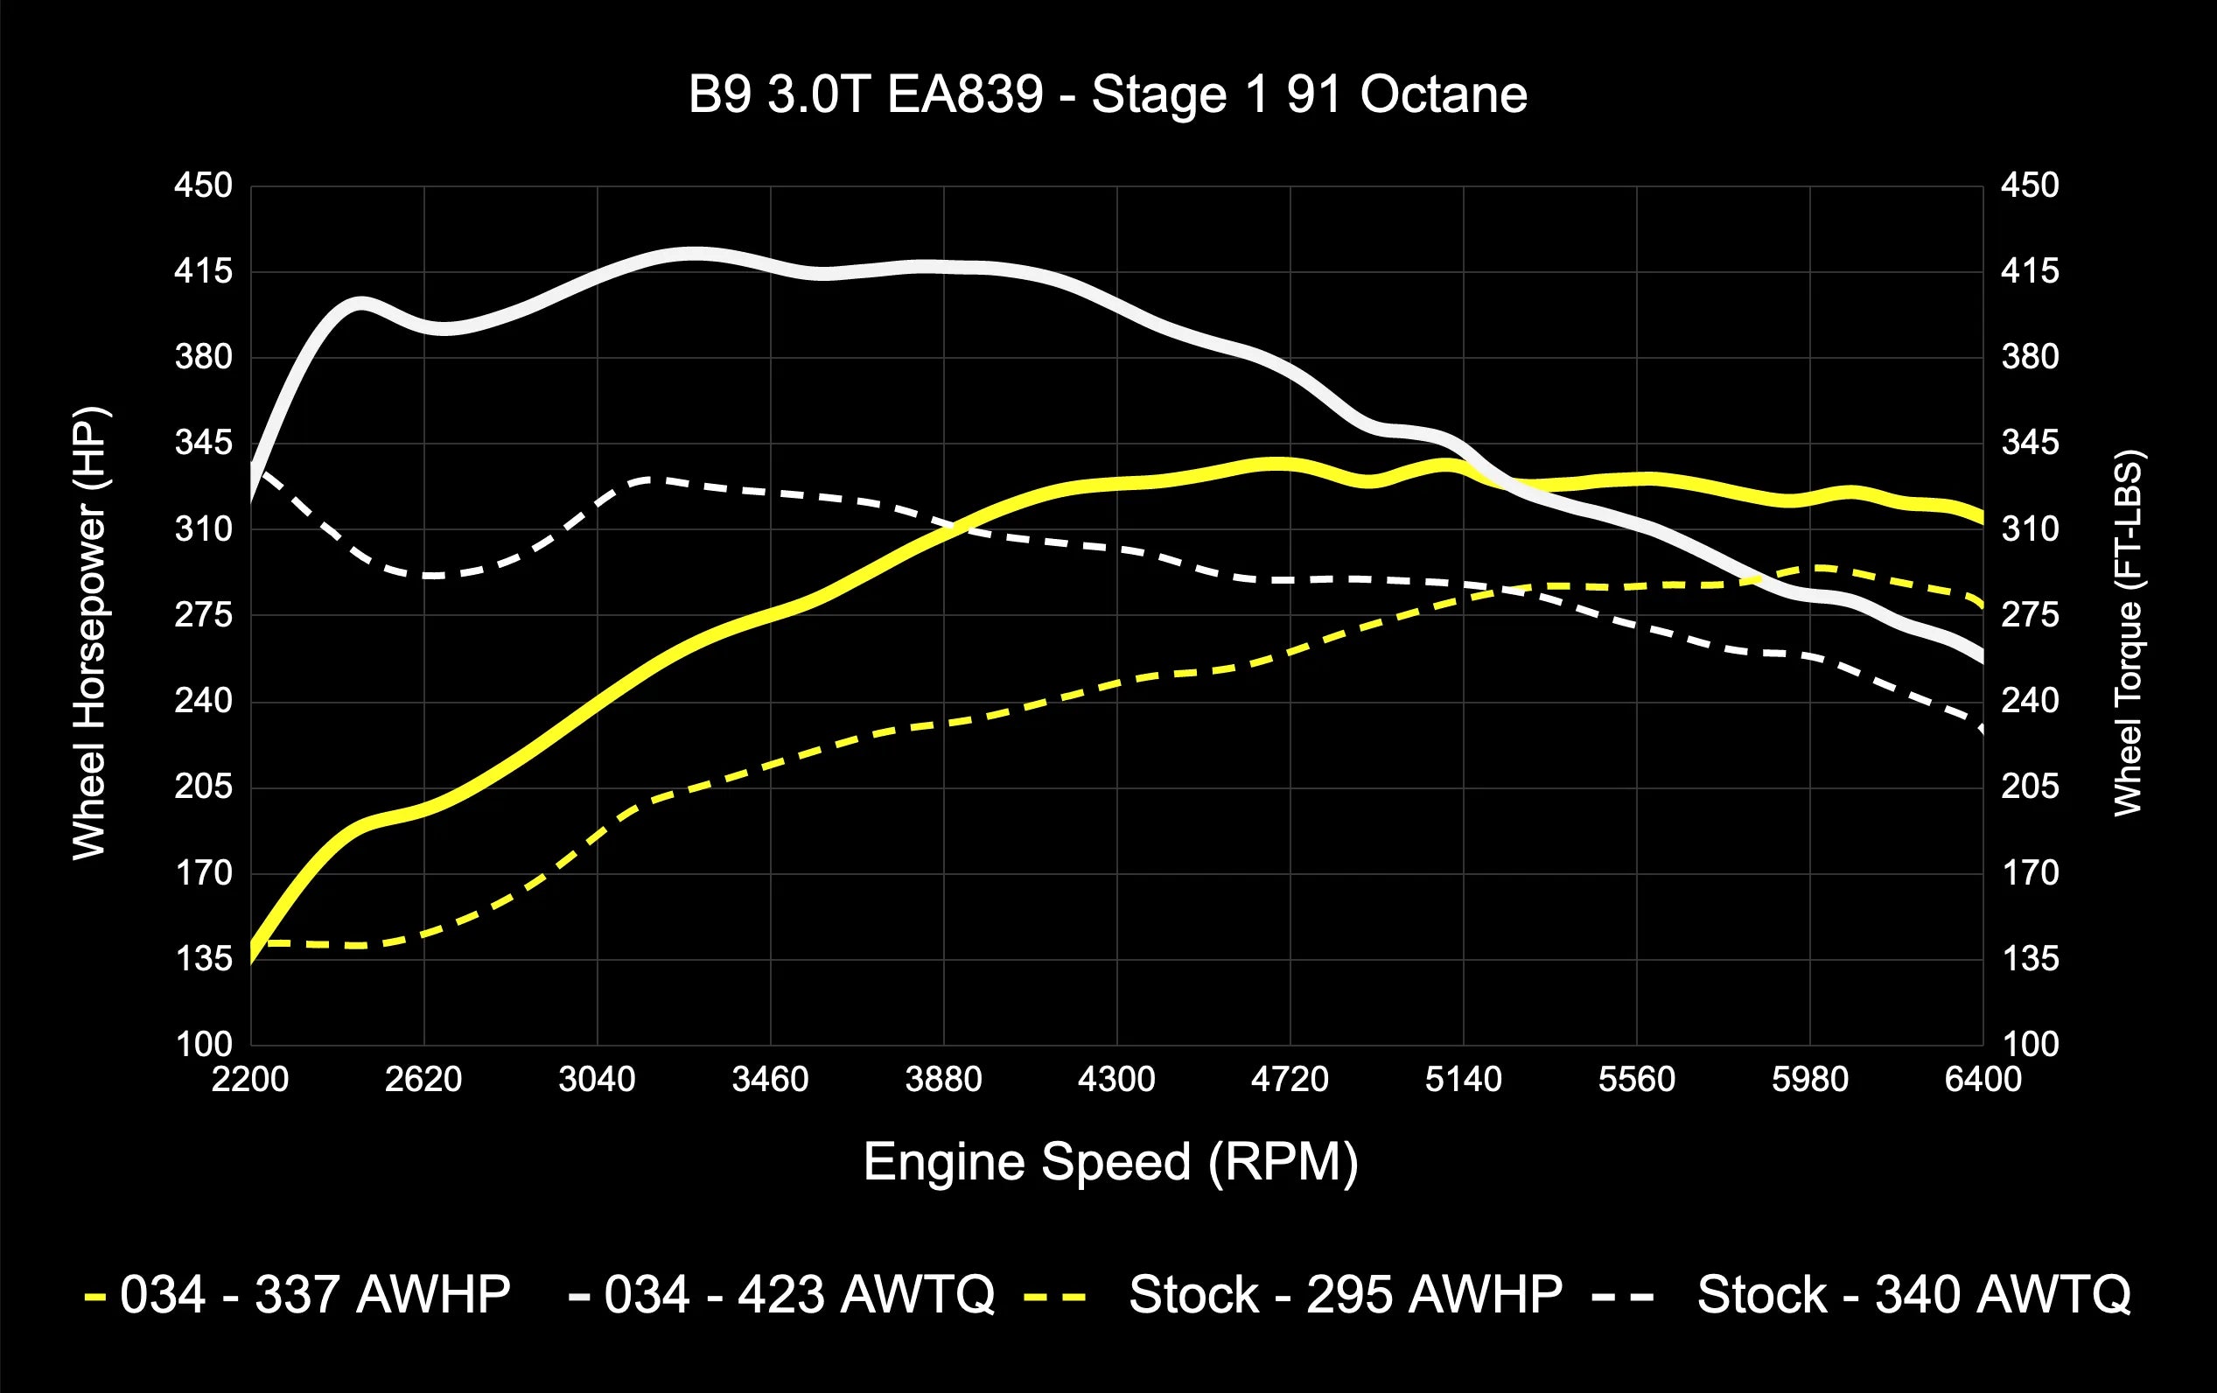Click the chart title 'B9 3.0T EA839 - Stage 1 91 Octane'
click(x=1108, y=94)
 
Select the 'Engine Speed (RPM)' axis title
click(x=1110, y=1162)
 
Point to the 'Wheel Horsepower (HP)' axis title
click(x=90, y=633)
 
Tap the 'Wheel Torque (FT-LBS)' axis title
click(x=2128, y=633)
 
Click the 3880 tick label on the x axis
click(x=943, y=1079)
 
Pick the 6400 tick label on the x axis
click(x=1983, y=1079)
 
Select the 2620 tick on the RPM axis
click(x=423, y=1079)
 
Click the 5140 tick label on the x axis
click(x=1463, y=1079)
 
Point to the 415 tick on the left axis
click(x=204, y=271)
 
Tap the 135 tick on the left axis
click(x=204, y=959)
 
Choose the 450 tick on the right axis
click(x=2029, y=186)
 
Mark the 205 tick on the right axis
click(x=2029, y=787)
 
